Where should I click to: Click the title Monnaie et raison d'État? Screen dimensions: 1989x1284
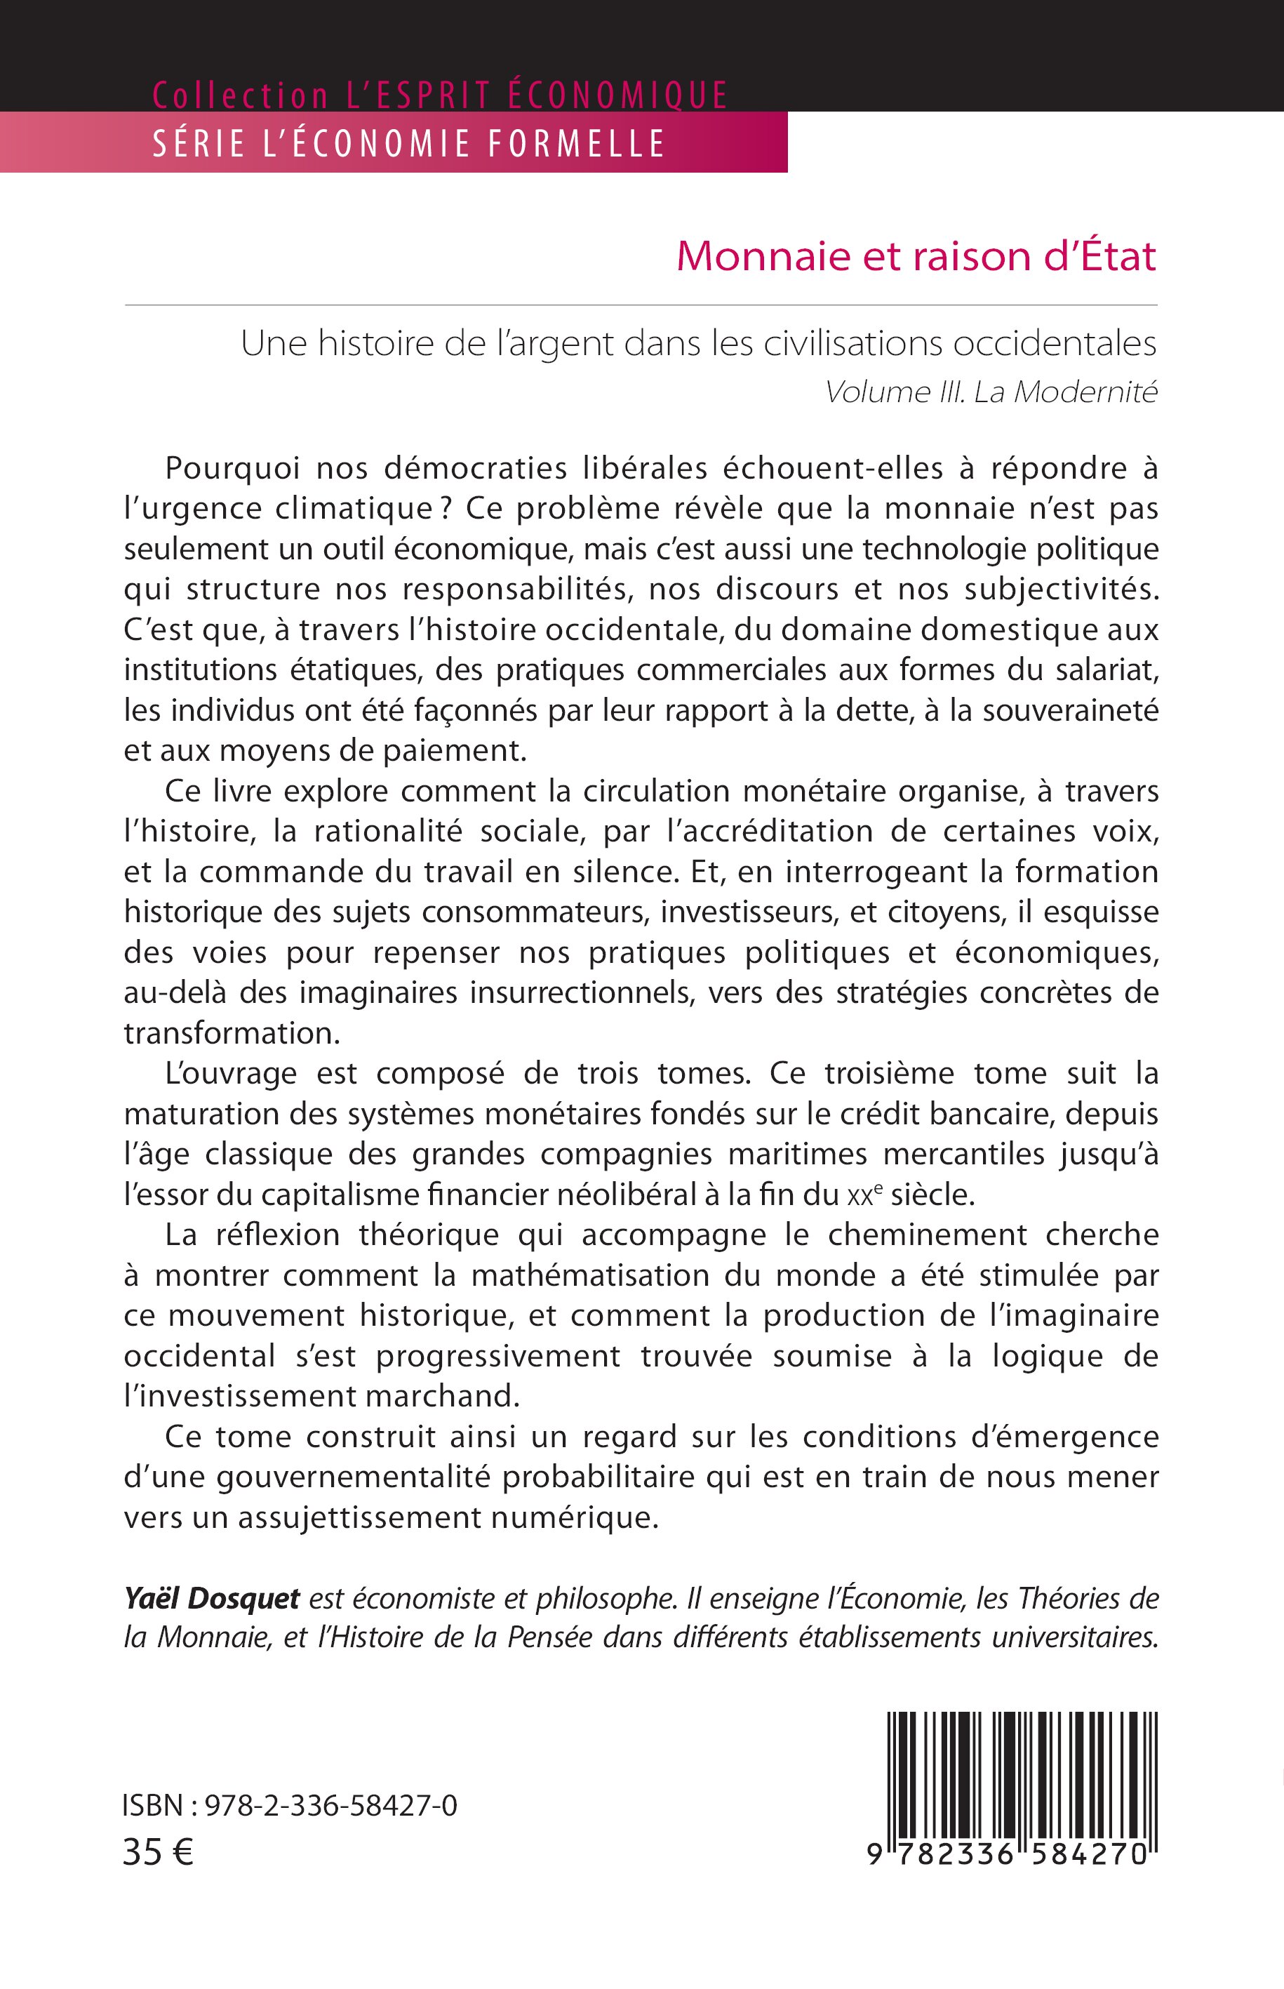916,256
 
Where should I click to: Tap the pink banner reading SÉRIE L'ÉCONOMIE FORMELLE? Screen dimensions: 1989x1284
408,143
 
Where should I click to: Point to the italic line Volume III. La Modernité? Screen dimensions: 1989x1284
991,392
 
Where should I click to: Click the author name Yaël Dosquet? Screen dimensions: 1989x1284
212,1598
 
